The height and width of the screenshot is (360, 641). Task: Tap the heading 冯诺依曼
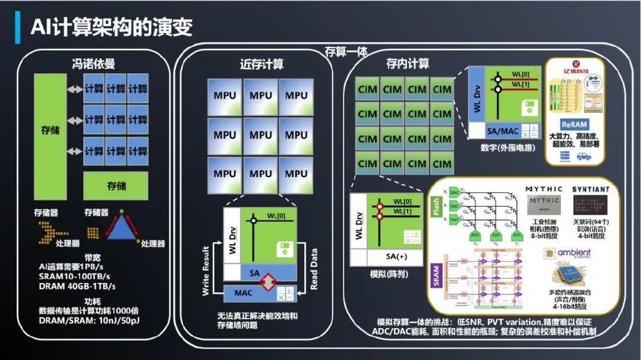pos(93,63)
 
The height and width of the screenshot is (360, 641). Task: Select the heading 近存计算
pos(262,64)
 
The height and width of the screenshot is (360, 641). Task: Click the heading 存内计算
pos(408,64)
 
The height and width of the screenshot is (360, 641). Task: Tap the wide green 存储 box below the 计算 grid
pos(116,186)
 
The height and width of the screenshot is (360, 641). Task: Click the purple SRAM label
pos(436,275)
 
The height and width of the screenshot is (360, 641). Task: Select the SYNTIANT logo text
pos(590,188)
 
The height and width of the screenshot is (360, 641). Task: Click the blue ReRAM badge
pos(574,125)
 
